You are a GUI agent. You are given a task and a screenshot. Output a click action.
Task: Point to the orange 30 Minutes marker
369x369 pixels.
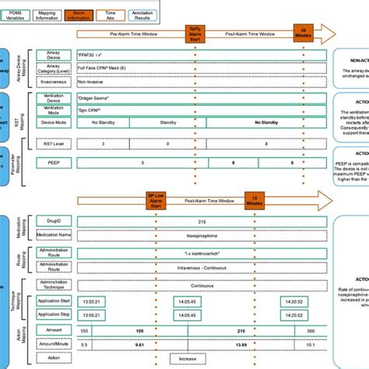pyautogui.click(x=303, y=33)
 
